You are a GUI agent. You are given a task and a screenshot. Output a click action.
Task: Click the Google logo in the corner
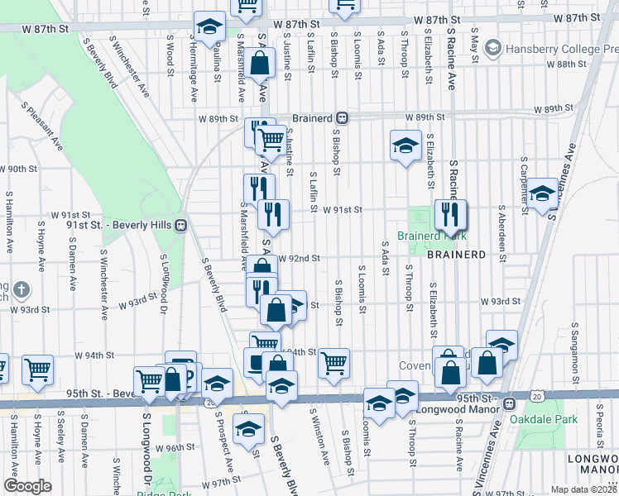tap(27, 486)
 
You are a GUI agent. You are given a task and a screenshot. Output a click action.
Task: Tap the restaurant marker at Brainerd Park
tap(450, 216)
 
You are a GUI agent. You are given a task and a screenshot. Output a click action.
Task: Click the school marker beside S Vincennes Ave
tap(542, 194)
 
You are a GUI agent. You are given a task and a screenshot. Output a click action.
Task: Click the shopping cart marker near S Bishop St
tap(333, 363)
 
